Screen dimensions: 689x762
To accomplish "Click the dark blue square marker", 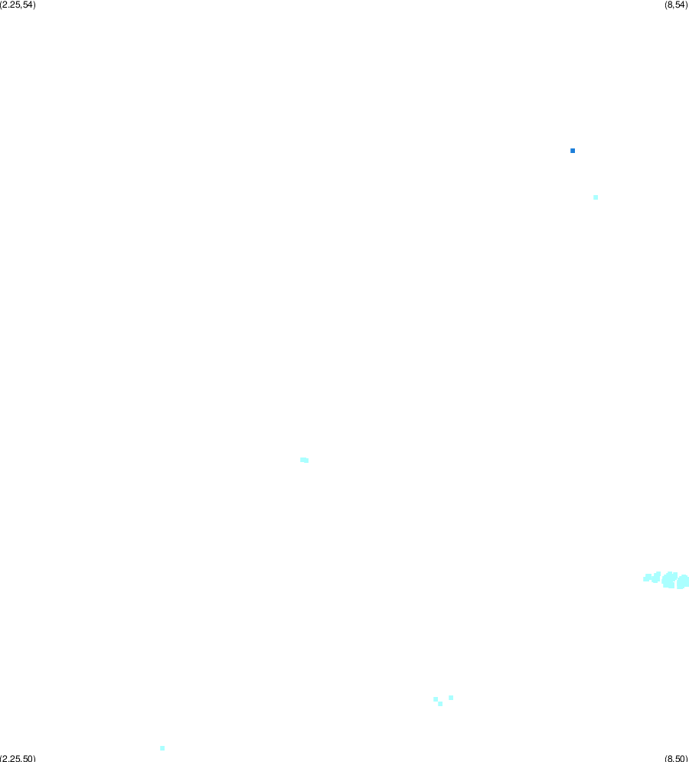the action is click(573, 151).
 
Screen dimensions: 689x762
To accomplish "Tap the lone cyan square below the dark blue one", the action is click(596, 197).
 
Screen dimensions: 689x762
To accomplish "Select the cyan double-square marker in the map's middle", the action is click(305, 461).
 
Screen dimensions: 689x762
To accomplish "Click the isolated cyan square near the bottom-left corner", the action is click(162, 748).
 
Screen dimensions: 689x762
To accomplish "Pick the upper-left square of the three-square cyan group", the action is click(436, 699).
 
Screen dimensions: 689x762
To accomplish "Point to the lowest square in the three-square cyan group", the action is click(440, 704).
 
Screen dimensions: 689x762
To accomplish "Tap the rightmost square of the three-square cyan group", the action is click(451, 698).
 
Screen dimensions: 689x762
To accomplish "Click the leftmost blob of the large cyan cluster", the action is click(647, 578).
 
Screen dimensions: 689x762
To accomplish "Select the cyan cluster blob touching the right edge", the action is click(683, 581).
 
